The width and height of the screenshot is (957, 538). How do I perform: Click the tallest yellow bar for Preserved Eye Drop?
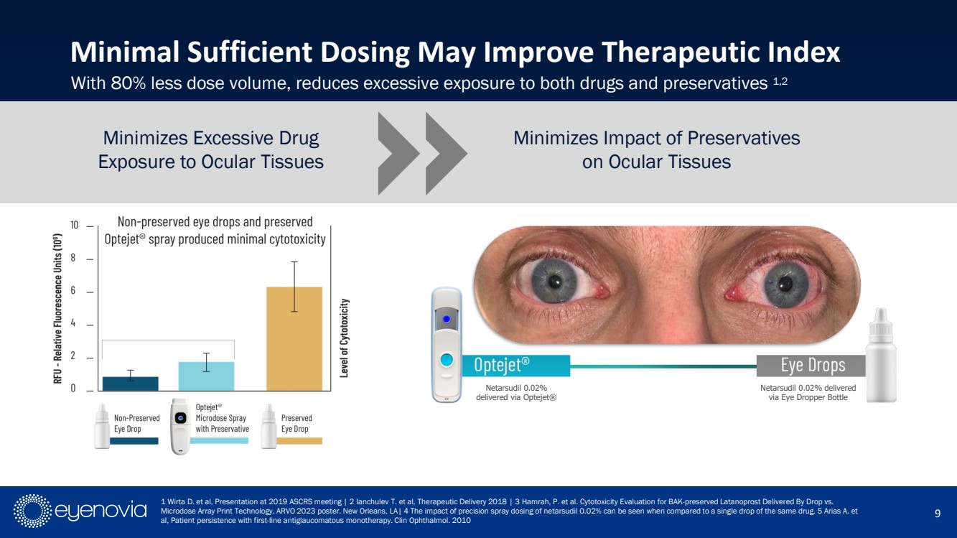294,338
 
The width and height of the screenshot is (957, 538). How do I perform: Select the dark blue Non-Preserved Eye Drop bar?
130,384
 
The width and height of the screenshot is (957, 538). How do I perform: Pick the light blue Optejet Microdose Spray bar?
207,376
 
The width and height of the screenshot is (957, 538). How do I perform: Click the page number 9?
938,513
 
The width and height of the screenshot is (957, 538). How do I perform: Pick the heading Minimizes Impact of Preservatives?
656,138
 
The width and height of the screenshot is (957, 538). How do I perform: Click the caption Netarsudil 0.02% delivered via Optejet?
516,393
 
